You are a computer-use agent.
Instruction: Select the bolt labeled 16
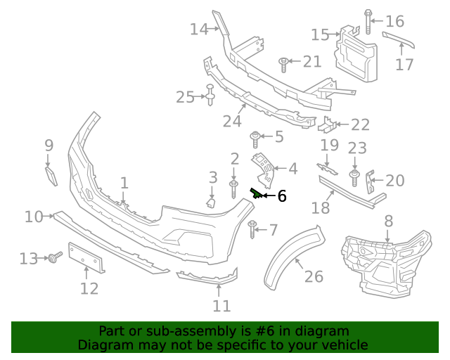(368, 22)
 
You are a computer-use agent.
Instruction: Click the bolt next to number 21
(283, 64)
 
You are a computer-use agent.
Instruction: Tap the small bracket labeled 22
(326, 127)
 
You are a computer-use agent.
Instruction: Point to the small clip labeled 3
(210, 204)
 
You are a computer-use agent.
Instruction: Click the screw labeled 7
(252, 227)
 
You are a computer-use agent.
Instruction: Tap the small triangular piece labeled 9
(51, 174)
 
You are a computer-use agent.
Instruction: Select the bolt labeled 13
(53, 259)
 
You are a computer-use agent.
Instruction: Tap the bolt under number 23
(354, 173)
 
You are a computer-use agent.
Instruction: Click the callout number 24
(232, 121)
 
